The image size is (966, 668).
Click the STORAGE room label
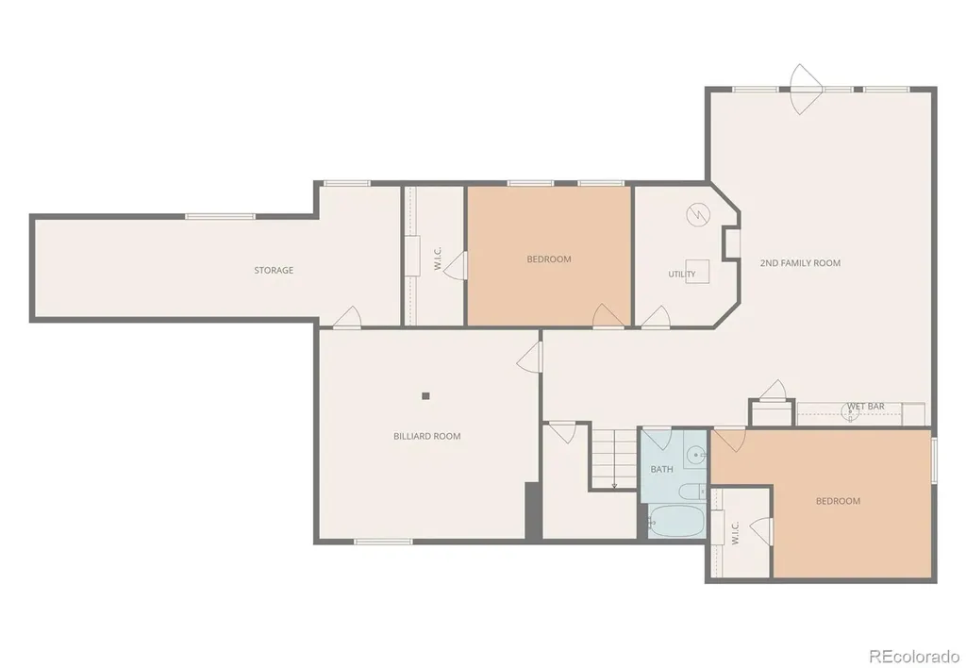274,270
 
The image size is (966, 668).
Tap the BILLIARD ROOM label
427,436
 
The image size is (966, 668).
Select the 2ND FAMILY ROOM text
800,263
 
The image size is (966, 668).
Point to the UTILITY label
682,275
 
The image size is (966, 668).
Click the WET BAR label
866,406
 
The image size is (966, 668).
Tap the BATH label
661,470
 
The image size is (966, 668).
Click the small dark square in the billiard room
425,396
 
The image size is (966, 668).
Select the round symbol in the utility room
698,214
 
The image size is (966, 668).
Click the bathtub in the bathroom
676,522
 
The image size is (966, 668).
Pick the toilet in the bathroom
692,492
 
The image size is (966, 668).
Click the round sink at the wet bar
850,412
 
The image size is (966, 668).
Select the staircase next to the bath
614,459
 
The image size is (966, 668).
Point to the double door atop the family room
807,90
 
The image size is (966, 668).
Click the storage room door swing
347,316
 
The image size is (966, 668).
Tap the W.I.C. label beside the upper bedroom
438,259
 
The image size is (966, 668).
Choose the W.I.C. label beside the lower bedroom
735,533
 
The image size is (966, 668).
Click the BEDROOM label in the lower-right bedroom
838,501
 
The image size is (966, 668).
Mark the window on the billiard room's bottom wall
383,542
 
